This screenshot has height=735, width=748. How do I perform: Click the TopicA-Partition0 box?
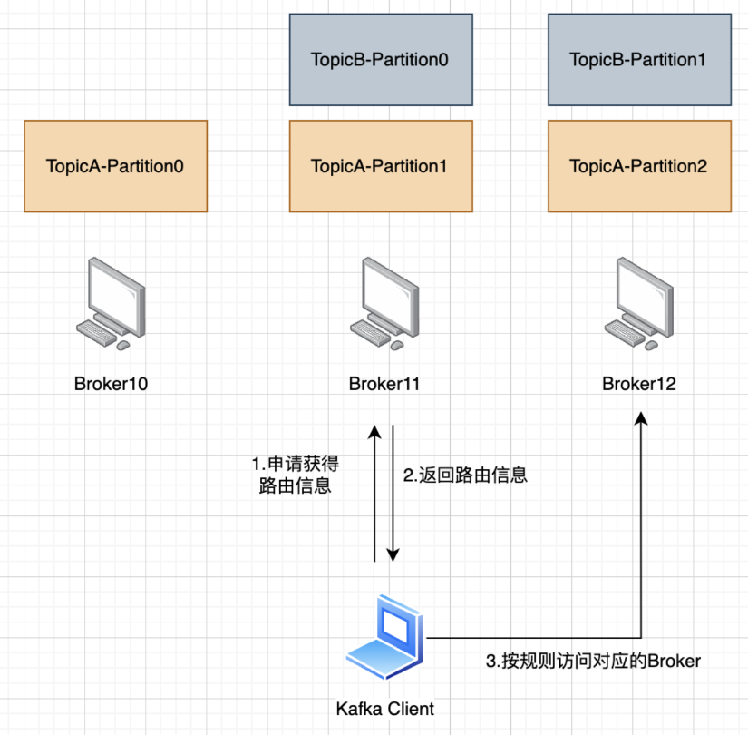coord(115,166)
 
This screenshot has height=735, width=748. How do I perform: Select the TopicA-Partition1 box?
coord(381,166)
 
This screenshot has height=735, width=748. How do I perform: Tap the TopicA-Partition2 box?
coord(639,166)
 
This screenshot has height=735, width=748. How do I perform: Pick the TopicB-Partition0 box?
coord(381,60)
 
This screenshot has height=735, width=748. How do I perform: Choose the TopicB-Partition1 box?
coord(639,60)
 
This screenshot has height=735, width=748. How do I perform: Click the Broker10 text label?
coord(111,384)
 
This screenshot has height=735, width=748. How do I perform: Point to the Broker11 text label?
coord(384,384)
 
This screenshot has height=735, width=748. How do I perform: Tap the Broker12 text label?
coord(639,384)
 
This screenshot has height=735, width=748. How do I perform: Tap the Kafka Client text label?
coord(384,709)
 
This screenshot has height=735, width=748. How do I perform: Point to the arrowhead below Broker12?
coord(641,416)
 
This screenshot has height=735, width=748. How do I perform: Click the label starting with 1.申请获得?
coord(296,475)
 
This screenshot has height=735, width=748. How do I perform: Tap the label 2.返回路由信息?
coord(465,475)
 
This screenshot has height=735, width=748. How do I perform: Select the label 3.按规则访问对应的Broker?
coord(594,661)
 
